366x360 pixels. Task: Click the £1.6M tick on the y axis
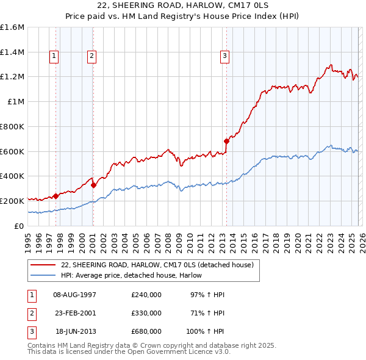pyautogui.click(x=13, y=27)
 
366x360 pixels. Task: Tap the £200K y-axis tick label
pyautogui.click(x=13, y=201)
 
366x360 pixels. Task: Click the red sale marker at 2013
pyautogui.click(x=226, y=141)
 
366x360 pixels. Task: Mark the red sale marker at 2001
pyautogui.click(x=93, y=185)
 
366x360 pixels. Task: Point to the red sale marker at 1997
pyautogui.click(x=56, y=196)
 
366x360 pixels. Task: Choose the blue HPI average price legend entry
pyautogui.click(x=131, y=276)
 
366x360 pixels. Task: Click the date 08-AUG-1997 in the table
pyautogui.click(x=75, y=295)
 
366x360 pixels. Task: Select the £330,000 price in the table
pyautogui.click(x=146, y=313)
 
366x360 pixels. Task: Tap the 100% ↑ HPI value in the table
pyautogui.click(x=206, y=331)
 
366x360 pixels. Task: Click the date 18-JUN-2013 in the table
pyautogui.click(x=76, y=331)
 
